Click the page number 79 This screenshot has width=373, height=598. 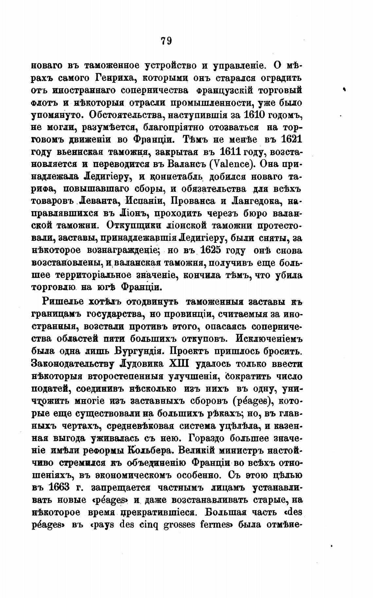(166, 41)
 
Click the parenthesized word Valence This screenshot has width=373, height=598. (228, 164)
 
